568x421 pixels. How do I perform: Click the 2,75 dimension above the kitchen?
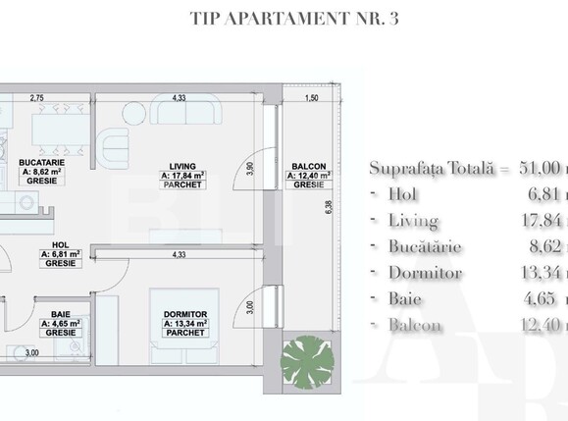(37, 98)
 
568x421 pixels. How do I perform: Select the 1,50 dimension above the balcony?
(311, 98)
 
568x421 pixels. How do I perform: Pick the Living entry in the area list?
(412, 220)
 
